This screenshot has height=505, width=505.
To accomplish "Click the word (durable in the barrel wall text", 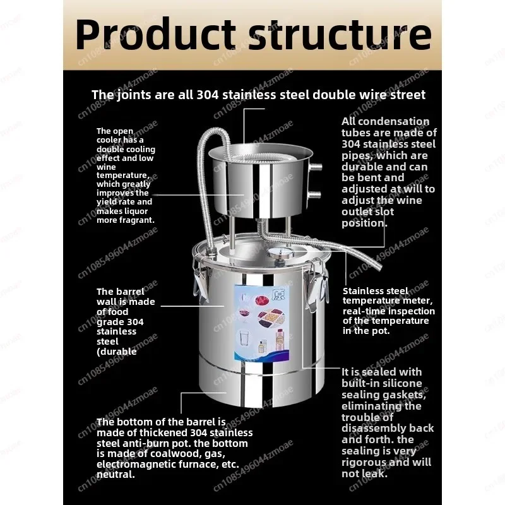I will tap(117, 352).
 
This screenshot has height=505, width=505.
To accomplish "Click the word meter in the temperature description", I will tap(413, 300).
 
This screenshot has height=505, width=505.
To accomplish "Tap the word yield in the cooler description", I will tap(108, 202).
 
